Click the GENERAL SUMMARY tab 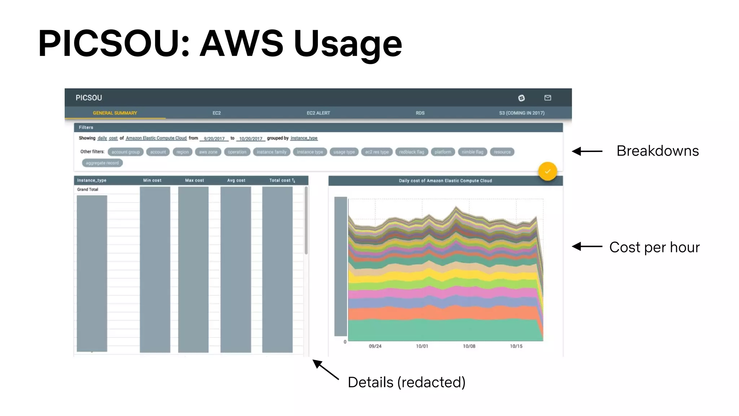click(115, 113)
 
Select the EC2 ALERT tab click(318, 113)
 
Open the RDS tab click(420, 113)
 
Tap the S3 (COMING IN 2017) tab click(522, 113)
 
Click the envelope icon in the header click(548, 98)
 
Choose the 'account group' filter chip click(126, 152)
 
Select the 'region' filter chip click(183, 152)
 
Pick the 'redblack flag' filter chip click(411, 152)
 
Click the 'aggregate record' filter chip click(102, 163)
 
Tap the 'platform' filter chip click(443, 152)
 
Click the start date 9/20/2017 click(214, 139)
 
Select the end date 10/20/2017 click(251, 139)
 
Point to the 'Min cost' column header click(152, 180)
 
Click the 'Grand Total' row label click(88, 190)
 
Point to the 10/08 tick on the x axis click(469, 346)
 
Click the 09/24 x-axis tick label click(375, 346)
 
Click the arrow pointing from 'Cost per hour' click(587, 247)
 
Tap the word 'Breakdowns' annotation click(657, 151)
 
